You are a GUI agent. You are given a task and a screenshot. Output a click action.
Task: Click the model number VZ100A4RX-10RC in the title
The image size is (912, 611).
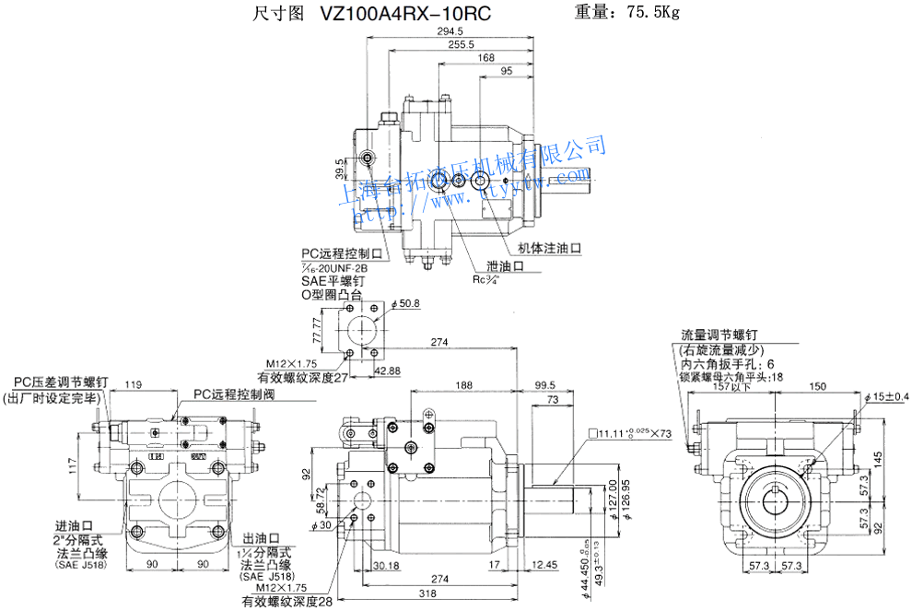(405, 14)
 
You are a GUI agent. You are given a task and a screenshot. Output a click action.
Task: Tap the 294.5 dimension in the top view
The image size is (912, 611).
(450, 31)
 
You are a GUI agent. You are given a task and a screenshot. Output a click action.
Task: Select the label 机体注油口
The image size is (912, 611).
(550, 248)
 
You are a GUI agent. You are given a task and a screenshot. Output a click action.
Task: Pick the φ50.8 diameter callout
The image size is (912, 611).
(405, 303)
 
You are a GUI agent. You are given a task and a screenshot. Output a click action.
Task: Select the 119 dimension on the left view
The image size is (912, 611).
(133, 384)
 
